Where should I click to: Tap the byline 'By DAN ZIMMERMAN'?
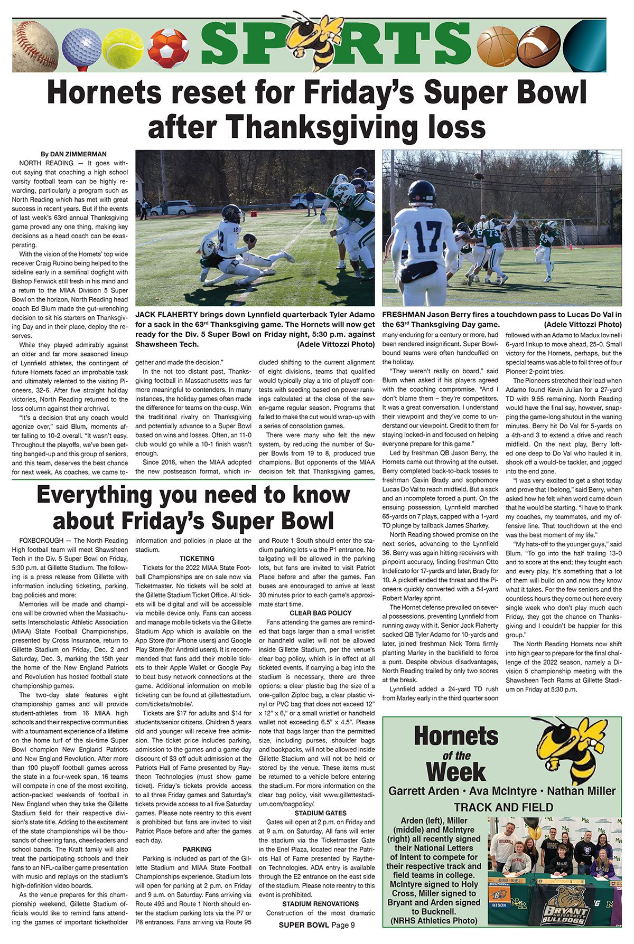click(73, 154)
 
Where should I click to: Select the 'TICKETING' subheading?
click(197, 558)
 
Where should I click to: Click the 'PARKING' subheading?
click(197, 849)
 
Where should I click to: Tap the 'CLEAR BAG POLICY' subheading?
click(320, 613)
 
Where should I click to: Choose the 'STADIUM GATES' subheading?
click(320, 813)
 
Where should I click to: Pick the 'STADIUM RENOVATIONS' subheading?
click(320, 903)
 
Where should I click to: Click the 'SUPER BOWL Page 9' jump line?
click(316, 925)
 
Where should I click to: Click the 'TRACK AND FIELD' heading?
click(503, 807)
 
